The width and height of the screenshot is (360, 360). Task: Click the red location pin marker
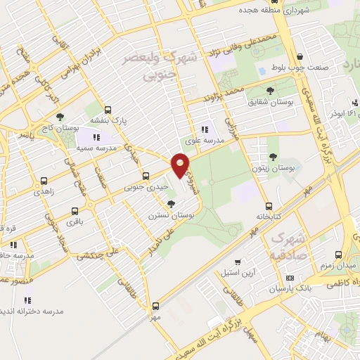tap(180, 165)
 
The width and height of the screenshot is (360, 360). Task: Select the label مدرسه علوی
tap(203, 141)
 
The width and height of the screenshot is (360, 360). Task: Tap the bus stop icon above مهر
tap(156, 306)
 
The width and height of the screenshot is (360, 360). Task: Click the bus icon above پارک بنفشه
tap(108, 110)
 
